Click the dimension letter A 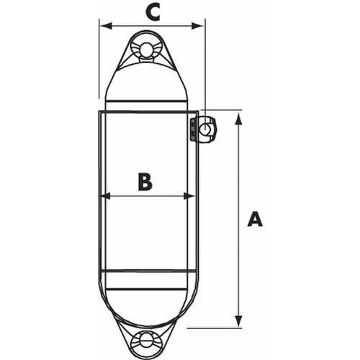[x=254, y=218]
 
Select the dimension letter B [x=145, y=181]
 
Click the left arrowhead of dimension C [x=104, y=26]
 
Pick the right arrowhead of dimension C [x=200, y=26]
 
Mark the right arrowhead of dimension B [x=193, y=195]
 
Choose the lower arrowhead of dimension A [x=238, y=321]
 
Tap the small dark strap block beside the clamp [x=192, y=130]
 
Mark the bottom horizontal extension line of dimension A [x=216, y=328]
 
